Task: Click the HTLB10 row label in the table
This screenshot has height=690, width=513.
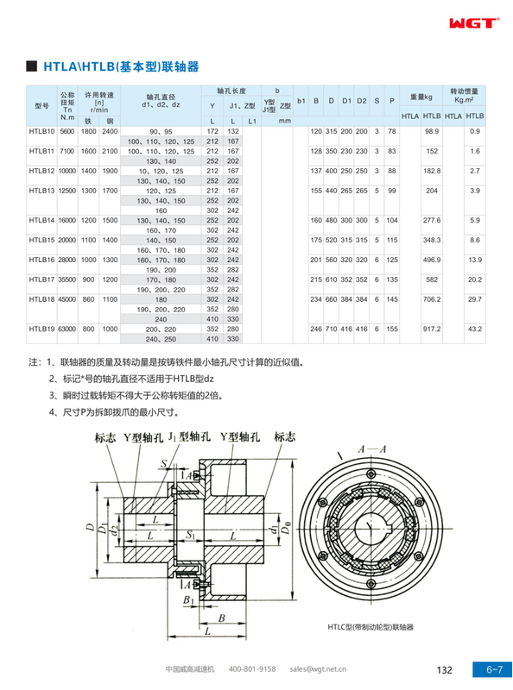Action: tap(41, 131)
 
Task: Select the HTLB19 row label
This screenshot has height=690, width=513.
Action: tap(41, 329)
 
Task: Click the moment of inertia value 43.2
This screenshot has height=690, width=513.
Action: tap(474, 329)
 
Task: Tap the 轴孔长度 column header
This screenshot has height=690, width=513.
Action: tap(231, 90)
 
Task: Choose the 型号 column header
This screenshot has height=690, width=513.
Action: tap(41, 105)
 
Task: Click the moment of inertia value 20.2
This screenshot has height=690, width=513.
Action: tap(474, 279)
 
